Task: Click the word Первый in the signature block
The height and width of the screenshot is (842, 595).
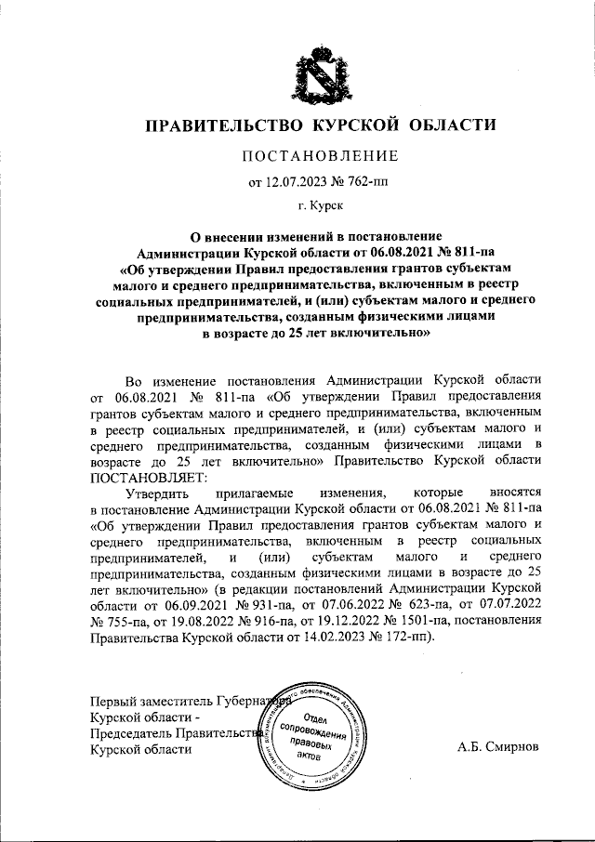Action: pos(112,701)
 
